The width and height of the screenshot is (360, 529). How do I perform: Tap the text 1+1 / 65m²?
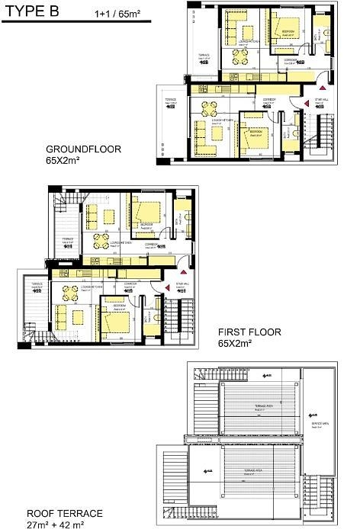coord(119,14)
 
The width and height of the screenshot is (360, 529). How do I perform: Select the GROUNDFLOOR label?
coord(83,149)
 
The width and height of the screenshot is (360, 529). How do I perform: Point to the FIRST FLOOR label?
coord(249,332)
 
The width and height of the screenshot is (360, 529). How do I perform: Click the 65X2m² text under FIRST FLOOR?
coord(235,344)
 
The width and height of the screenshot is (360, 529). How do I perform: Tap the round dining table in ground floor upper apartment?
coord(240,56)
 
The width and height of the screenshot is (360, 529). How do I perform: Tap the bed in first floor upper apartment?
coord(146,213)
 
